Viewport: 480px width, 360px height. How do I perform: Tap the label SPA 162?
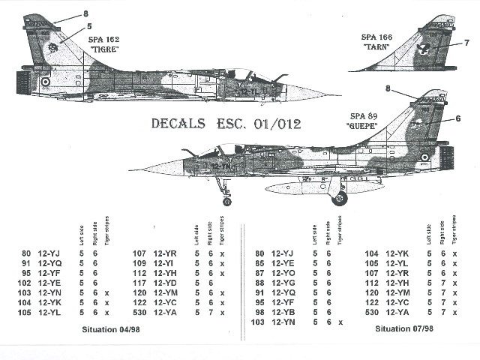[104, 38]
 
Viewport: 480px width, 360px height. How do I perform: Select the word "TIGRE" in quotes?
[104, 49]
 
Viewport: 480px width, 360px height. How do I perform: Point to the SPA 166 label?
[377, 37]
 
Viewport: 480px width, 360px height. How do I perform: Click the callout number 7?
[466, 42]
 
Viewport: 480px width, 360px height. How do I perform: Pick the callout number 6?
[457, 118]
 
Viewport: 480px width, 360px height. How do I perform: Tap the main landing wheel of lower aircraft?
[340, 198]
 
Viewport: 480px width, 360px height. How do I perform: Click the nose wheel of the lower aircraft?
[226, 200]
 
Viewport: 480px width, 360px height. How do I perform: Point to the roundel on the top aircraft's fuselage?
[44, 82]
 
